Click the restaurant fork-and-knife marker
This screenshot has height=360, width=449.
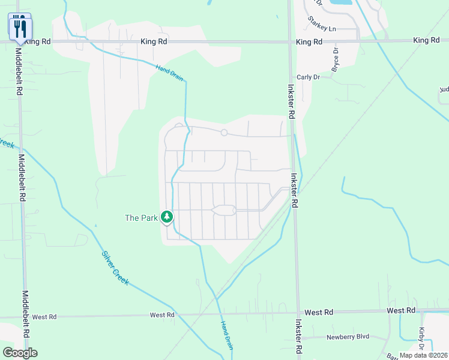tap(20, 28)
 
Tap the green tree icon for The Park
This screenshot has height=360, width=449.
tap(167, 217)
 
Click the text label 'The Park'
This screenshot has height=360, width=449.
tap(141, 218)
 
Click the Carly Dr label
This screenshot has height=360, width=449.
tap(309, 77)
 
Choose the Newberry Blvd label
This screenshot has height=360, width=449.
tap(348, 337)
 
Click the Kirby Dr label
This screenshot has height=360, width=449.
tap(421, 339)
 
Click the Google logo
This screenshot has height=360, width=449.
tap(20, 352)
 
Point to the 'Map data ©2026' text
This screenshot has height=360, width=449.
tap(423, 355)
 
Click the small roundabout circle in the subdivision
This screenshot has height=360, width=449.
tap(224, 133)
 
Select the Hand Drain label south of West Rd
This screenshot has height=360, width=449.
tap(226, 335)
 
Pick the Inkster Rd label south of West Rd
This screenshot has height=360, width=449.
tap(298, 339)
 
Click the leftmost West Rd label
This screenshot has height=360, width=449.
tap(44, 316)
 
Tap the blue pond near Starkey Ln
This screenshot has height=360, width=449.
tap(340, 2)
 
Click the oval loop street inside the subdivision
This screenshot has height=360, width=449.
tap(223, 210)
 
